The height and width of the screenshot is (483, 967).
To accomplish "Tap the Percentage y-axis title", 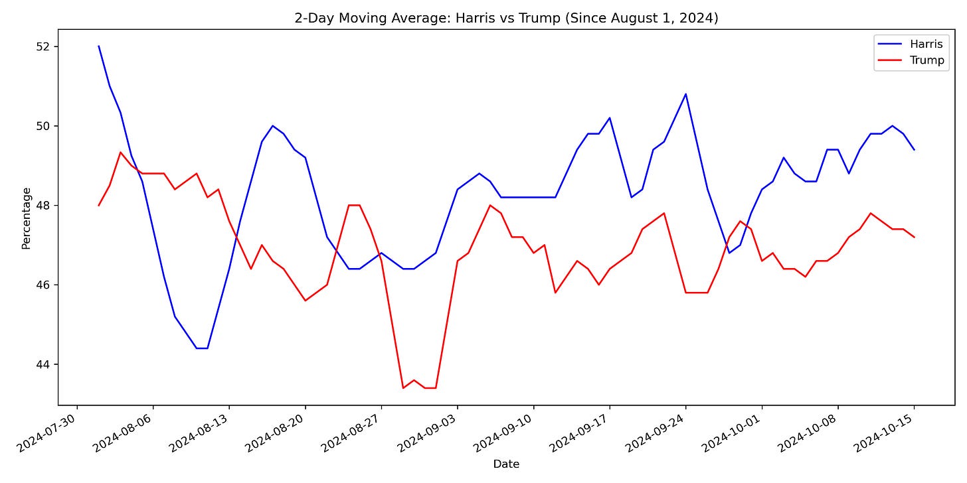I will tap(27, 218).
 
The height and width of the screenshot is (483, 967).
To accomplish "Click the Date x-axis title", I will tap(506, 464).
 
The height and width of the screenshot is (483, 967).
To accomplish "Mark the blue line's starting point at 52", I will tap(99, 46).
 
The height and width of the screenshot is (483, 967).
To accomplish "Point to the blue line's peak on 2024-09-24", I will tap(685, 94).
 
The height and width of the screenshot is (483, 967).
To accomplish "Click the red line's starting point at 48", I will tap(99, 205).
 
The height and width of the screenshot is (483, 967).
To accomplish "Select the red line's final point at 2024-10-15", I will tap(914, 237).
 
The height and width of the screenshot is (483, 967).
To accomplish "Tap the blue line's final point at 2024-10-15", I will tap(914, 149).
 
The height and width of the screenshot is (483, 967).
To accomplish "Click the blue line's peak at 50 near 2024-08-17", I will tap(272, 125).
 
